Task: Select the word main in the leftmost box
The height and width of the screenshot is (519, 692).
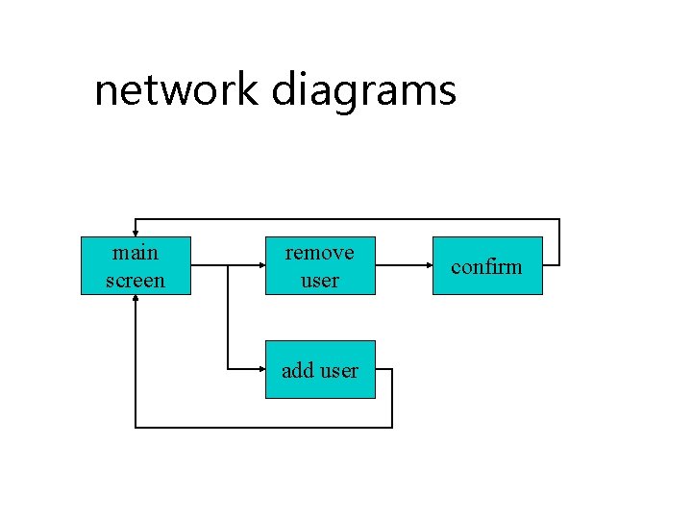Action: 136,253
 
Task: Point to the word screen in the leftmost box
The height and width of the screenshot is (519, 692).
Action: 136,280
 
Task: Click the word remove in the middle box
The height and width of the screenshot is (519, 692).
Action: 320,253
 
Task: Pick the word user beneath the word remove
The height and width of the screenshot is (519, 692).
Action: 320,280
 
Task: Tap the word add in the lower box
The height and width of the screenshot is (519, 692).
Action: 298,370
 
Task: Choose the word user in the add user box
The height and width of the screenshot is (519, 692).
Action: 338,370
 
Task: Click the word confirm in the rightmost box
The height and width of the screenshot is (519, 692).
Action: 486,266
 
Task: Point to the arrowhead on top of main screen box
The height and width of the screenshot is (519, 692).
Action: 136,232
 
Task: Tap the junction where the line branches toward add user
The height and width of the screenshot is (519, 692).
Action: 228,265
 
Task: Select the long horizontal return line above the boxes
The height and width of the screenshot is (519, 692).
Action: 346,219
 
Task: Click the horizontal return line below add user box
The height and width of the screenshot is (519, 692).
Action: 264,427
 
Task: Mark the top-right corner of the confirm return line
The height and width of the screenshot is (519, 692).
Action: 559,219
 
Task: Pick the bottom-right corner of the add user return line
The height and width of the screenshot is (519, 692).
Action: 392,427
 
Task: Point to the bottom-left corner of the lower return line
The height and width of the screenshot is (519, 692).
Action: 136,427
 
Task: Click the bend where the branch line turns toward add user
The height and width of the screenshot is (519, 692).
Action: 228,369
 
